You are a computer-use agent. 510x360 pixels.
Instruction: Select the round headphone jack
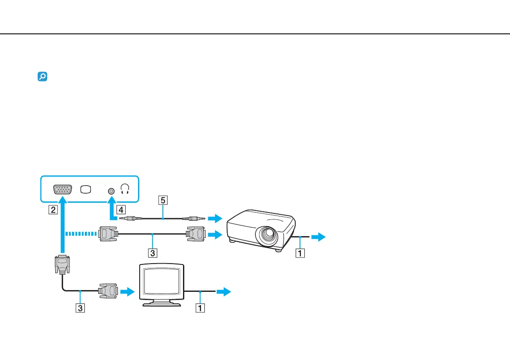click(x=111, y=191)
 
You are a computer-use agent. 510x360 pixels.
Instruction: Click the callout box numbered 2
click(x=53, y=210)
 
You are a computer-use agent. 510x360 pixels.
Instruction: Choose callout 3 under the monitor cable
click(x=80, y=307)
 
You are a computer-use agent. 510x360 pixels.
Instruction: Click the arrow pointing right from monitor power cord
click(x=223, y=291)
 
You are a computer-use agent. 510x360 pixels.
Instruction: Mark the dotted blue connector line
click(x=81, y=234)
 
